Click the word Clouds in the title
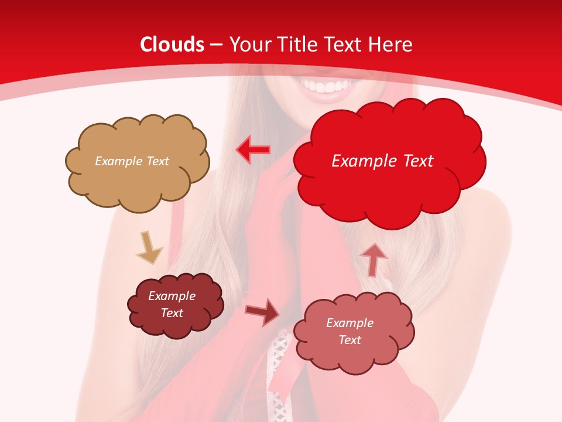(x=172, y=45)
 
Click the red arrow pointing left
(x=253, y=149)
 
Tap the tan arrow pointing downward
(x=149, y=247)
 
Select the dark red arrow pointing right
(x=262, y=312)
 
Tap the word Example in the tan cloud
(x=118, y=161)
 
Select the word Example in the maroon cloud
(x=172, y=296)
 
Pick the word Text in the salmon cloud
(x=349, y=340)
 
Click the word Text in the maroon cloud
(x=172, y=313)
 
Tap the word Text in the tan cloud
(x=156, y=161)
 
